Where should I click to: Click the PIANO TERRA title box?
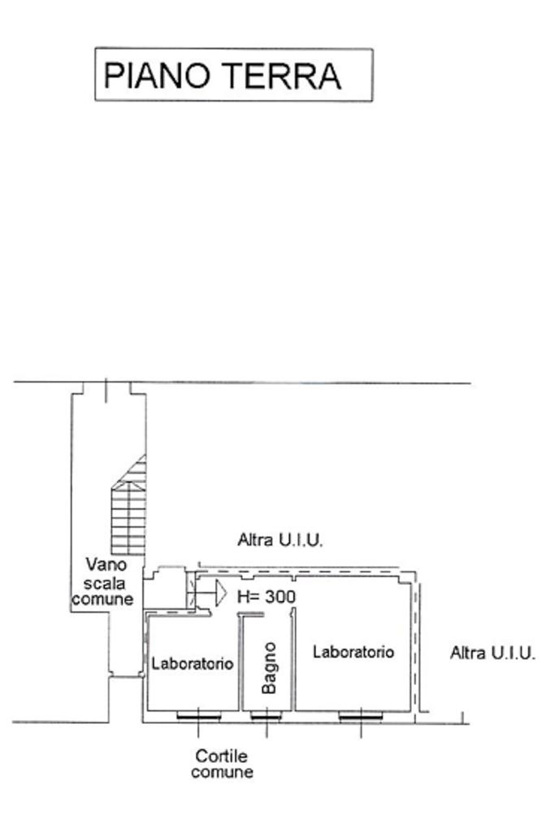coord(234,75)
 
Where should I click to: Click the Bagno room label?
coord(270,668)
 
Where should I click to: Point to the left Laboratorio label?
coord(193,664)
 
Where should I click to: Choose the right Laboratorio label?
coord(353,652)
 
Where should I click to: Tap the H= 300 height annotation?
coord(266,596)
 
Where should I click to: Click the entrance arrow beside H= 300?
coord(215,593)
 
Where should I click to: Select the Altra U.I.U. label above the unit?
coord(280,539)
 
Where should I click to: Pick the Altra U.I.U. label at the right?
coord(492,652)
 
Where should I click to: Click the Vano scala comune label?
coord(102,581)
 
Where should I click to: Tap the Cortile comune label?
coord(222,764)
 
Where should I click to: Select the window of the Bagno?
coord(266,715)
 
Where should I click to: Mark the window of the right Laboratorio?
coord(361,715)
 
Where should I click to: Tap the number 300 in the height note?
coord(279,596)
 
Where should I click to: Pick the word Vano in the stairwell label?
coord(105,564)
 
